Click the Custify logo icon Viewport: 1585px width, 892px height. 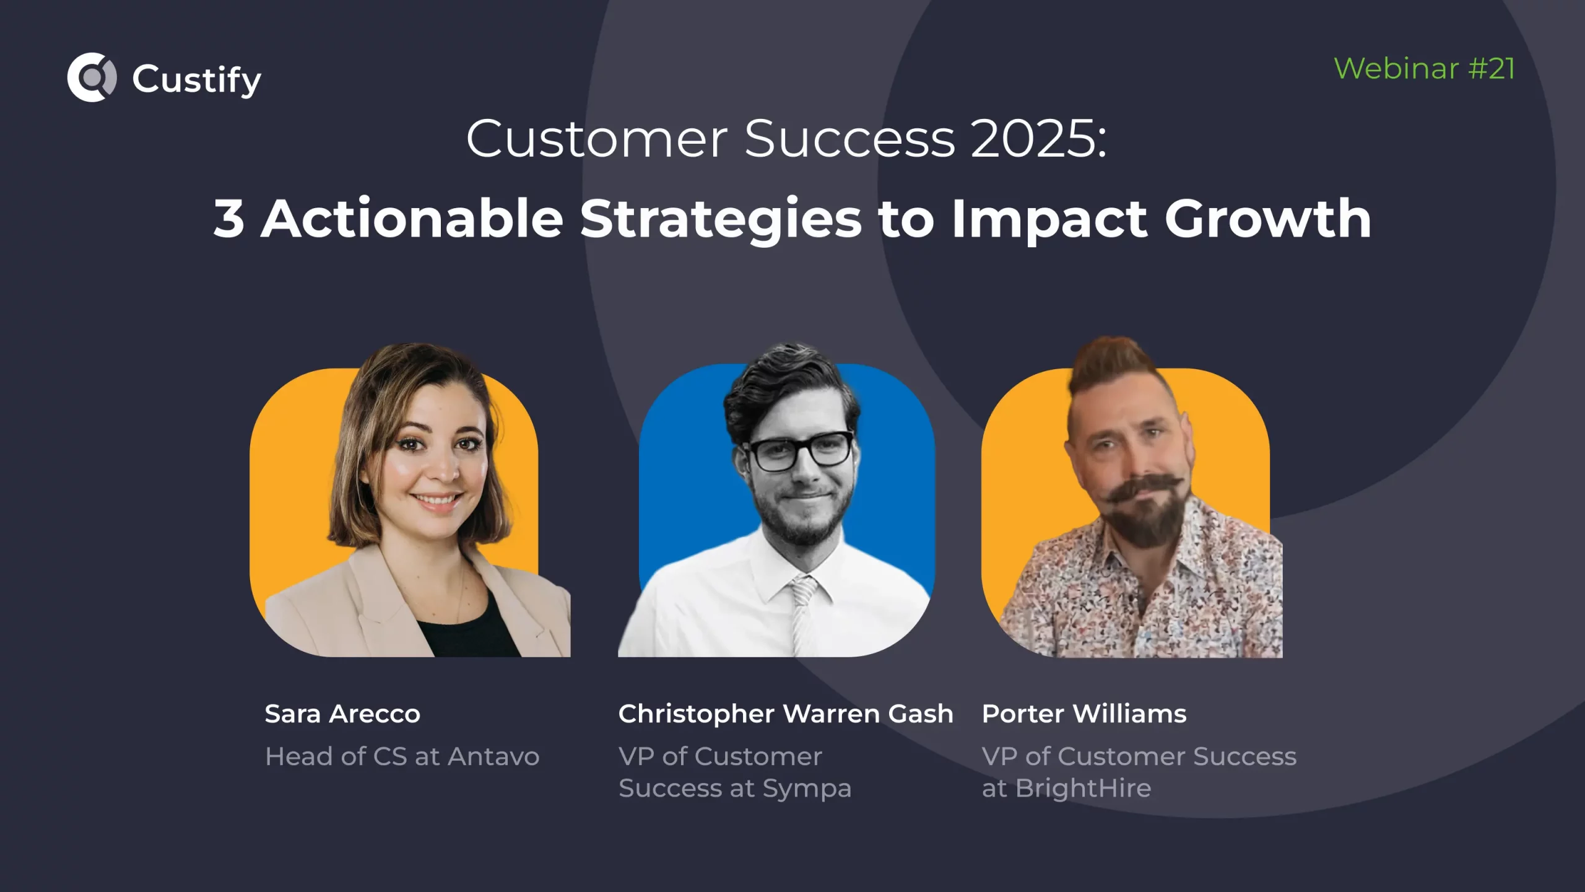92,77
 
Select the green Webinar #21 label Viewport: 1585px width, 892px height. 1424,68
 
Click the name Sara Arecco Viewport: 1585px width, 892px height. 342,714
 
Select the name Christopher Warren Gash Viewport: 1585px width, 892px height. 786,714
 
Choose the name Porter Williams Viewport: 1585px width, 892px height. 1084,714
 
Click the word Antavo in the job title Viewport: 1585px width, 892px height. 493,756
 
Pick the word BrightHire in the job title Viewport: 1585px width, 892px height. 1083,788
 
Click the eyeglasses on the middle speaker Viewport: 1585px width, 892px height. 799,451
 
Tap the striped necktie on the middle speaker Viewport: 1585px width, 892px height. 802,616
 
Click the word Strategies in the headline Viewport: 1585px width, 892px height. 721,219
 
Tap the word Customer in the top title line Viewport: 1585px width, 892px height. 597,138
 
